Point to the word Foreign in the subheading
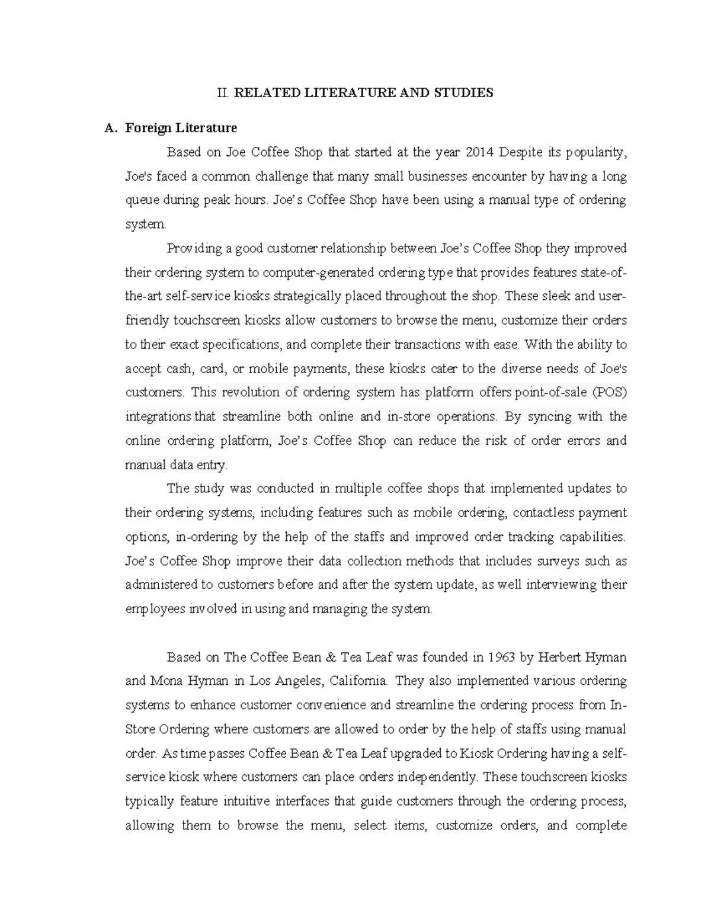tap(148, 128)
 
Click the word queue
tap(142, 200)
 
